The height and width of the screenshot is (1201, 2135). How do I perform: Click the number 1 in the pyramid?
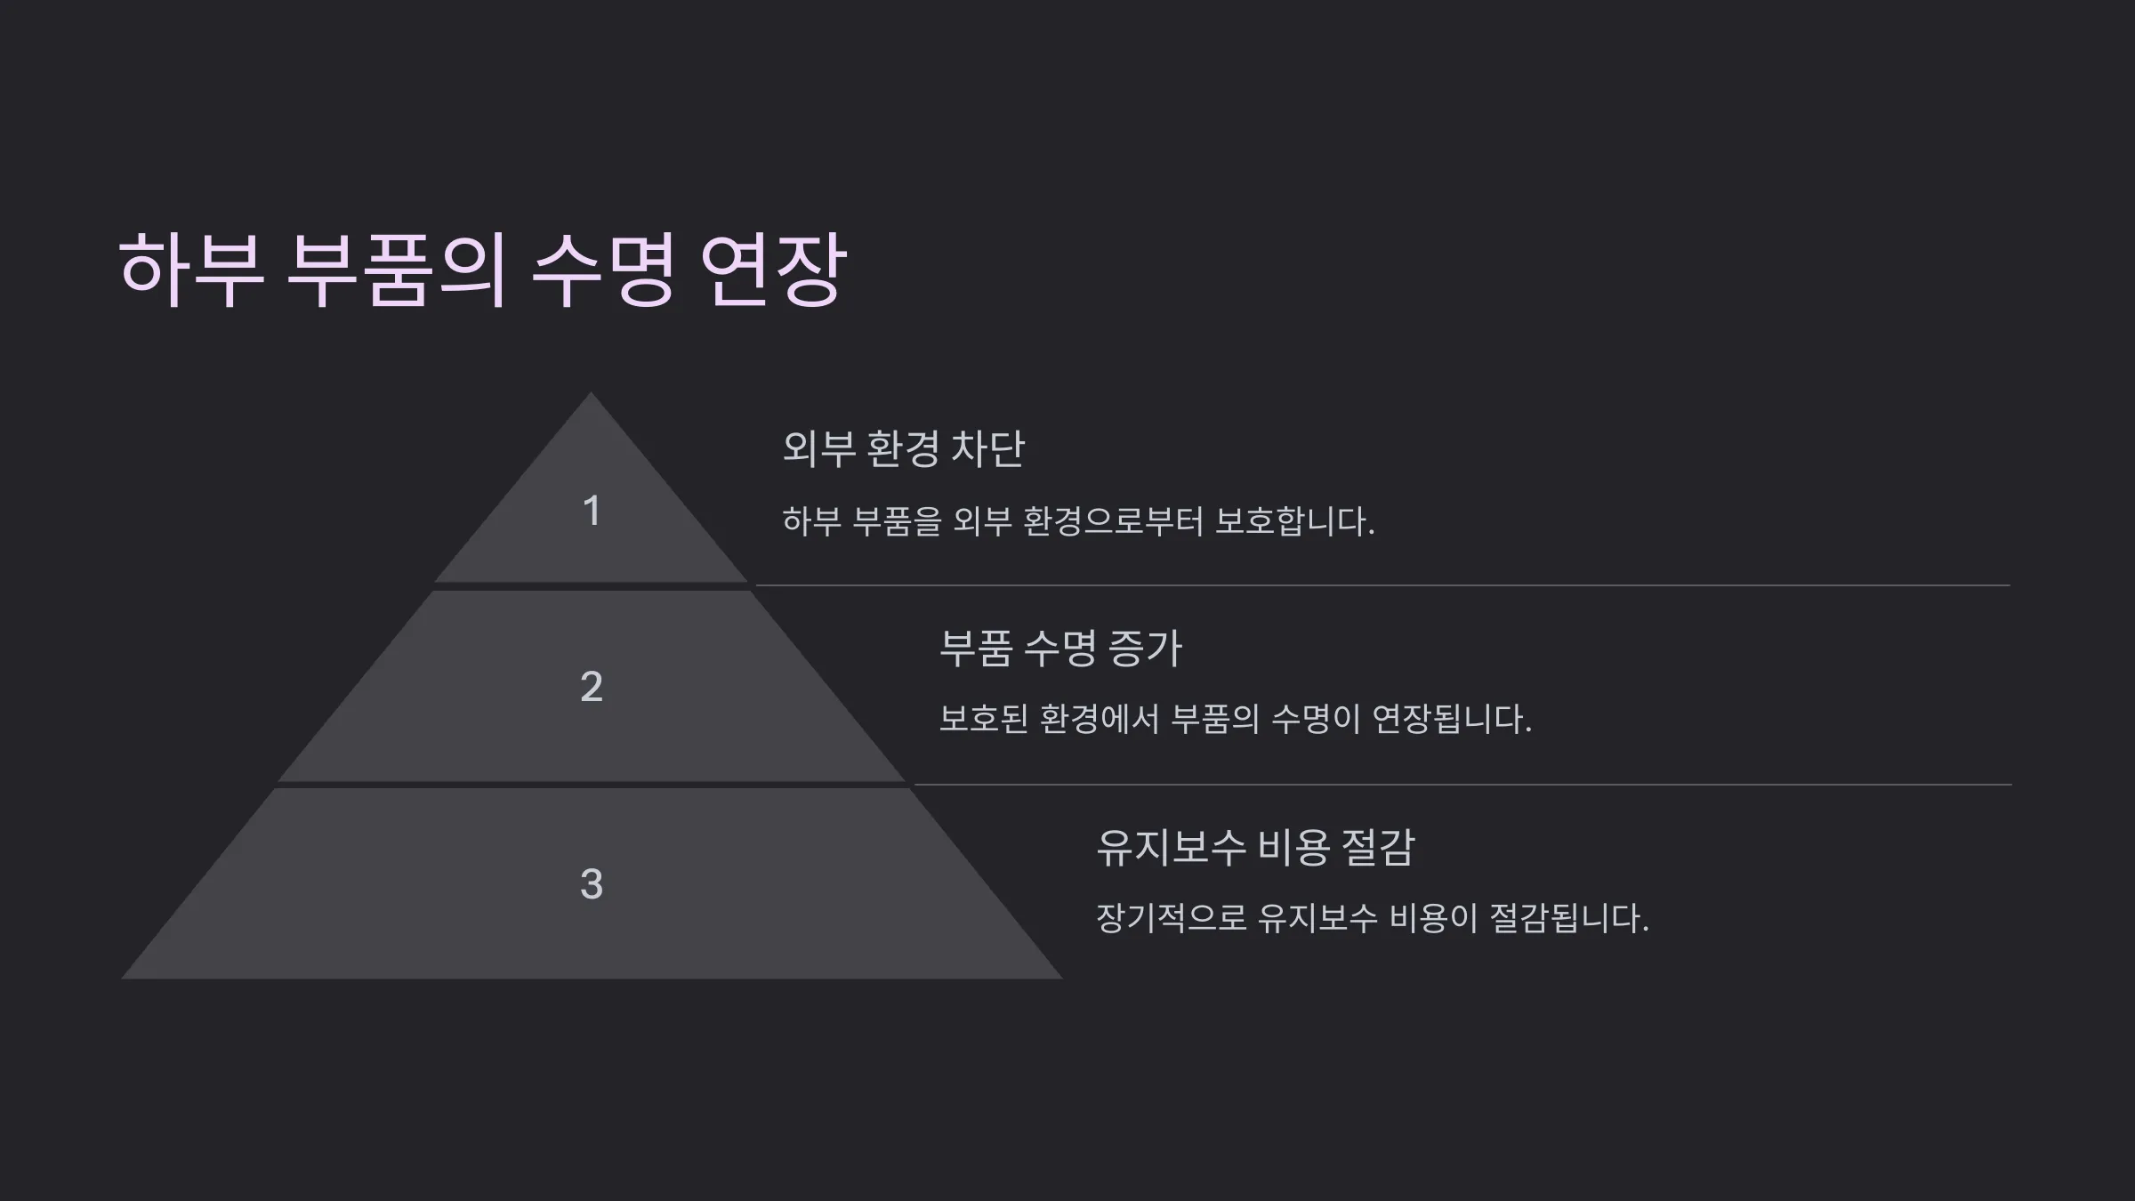click(x=592, y=511)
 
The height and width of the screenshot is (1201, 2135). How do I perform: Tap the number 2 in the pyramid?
click(x=592, y=686)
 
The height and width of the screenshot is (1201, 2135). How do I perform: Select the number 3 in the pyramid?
click(x=592, y=884)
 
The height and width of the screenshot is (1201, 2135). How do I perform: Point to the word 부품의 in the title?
click(x=397, y=270)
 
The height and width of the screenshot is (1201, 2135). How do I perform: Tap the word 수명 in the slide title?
click(x=602, y=270)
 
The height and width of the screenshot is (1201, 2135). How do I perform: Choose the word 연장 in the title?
click(x=773, y=270)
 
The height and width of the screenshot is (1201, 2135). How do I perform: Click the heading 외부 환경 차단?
click(x=904, y=448)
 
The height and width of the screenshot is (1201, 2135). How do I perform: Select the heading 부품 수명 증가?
click(x=1060, y=648)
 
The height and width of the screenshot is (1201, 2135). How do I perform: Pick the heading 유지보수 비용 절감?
click(x=1255, y=847)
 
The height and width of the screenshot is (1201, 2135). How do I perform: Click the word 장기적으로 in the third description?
click(x=1172, y=918)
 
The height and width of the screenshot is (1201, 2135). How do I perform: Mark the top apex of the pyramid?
click(x=592, y=392)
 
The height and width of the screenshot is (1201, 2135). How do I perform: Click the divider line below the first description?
click(x=1382, y=585)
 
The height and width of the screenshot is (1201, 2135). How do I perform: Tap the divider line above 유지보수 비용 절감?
click(x=1462, y=785)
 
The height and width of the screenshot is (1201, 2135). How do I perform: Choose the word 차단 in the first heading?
click(x=988, y=448)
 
